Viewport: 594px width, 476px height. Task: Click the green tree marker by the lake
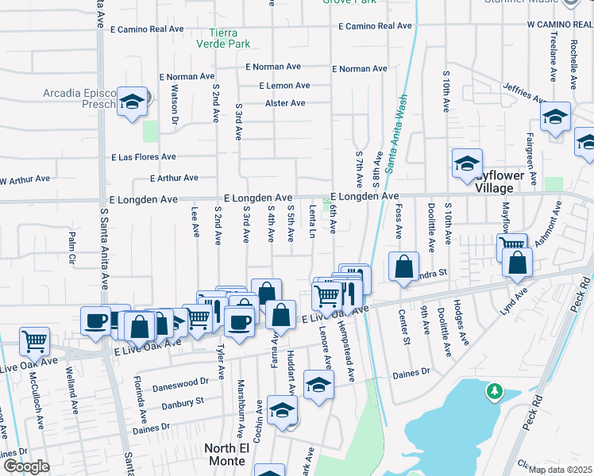click(495, 391)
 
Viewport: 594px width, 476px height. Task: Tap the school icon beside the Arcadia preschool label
click(133, 102)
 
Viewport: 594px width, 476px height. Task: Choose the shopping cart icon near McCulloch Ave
click(34, 342)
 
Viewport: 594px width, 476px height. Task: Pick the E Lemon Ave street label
click(284, 86)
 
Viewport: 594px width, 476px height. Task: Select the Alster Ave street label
click(285, 103)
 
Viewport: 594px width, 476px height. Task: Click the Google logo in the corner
click(26, 466)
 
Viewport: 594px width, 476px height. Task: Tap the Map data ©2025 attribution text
click(560, 470)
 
